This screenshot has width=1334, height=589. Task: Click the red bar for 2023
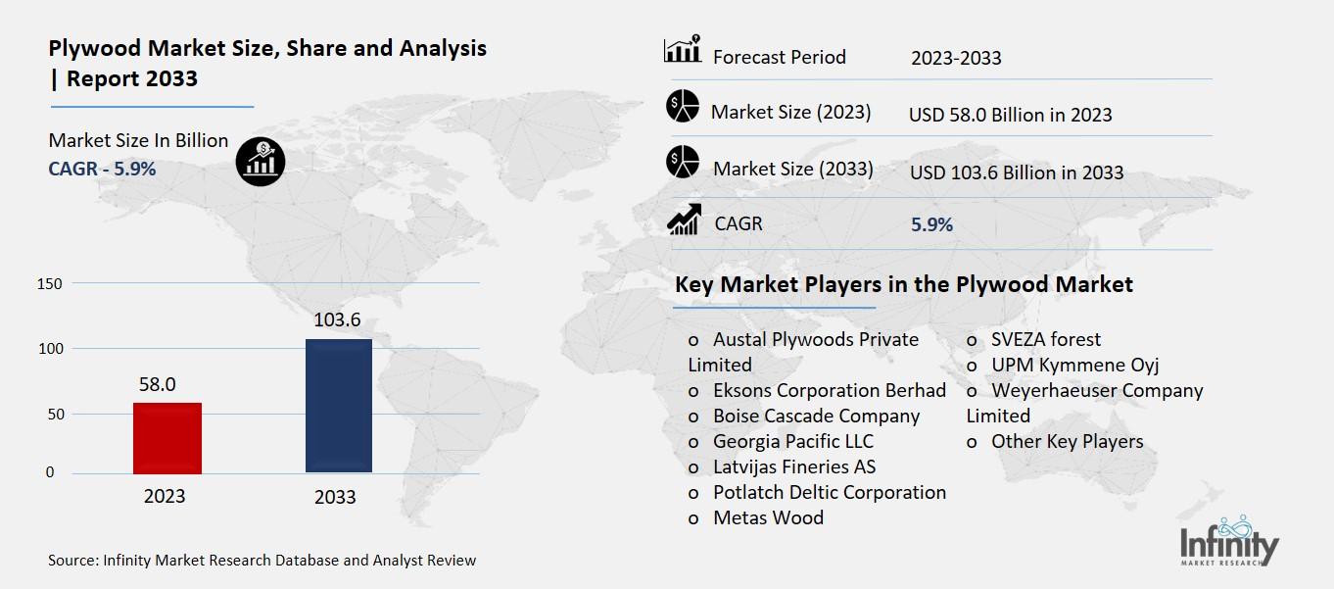167,438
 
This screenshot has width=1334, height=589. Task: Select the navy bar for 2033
339,406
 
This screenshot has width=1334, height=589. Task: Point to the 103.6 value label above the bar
337,320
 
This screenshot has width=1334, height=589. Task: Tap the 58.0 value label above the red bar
157,384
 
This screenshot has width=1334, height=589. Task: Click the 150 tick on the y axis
49,284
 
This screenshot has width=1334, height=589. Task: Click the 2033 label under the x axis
335,497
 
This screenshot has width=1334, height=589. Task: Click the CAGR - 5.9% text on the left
102,169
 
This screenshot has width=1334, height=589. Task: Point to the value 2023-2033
956,58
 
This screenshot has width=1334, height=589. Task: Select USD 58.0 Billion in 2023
1010,115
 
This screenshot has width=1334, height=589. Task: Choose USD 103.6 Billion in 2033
1017,172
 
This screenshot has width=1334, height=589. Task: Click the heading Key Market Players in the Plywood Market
903,284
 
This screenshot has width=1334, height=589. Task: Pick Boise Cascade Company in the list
816,416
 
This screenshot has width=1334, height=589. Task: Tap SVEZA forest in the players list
1045,339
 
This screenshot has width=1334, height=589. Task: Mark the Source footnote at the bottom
262,561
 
